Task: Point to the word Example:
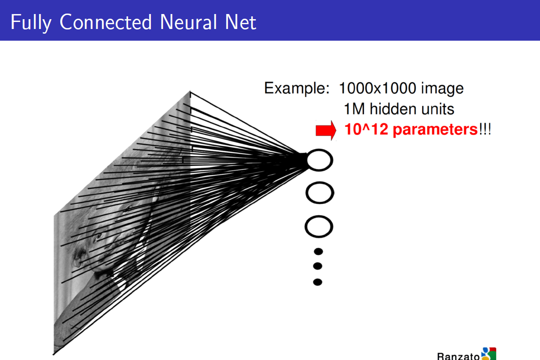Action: [297, 88]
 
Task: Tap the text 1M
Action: [354, 109]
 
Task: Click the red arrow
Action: [326, 130]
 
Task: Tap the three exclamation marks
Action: [485, 130]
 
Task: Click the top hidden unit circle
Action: [320, 160]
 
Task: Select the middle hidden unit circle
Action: [320, 193]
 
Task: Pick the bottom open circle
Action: [319, 227]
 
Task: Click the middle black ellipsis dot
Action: [318, 266]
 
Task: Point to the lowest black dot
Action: [318, 282]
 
